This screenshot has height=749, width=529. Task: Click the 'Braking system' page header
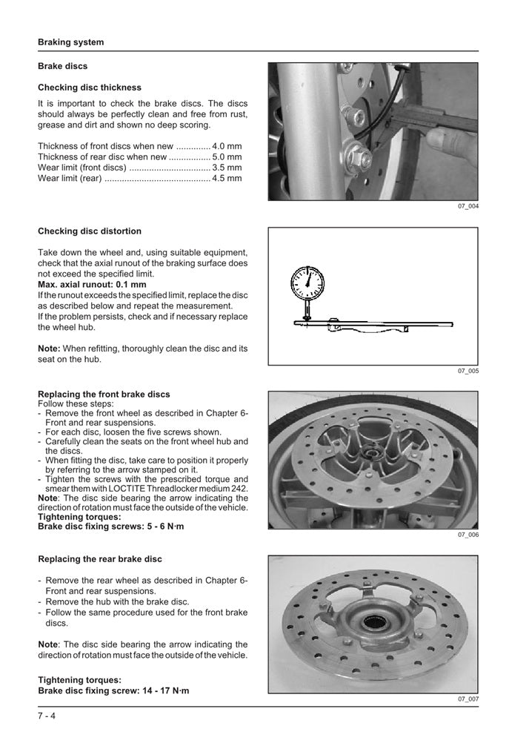click(x=71, y=42)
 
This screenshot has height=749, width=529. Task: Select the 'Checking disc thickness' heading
click(x=89, y=88)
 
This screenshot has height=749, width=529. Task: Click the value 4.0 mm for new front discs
click(x=227, y=146)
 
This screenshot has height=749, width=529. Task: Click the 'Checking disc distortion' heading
click(x=89, y=231)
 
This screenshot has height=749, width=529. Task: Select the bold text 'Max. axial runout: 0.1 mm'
click(x=92, y=284)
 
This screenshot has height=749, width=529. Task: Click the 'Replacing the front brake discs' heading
click(x=104, y=395)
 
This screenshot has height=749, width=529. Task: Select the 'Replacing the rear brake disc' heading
click(x=99, y=558)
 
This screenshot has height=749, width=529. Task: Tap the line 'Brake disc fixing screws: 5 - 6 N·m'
click(x=110, y=526)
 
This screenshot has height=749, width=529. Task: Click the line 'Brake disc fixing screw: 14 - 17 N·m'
click(x=113, y=690)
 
